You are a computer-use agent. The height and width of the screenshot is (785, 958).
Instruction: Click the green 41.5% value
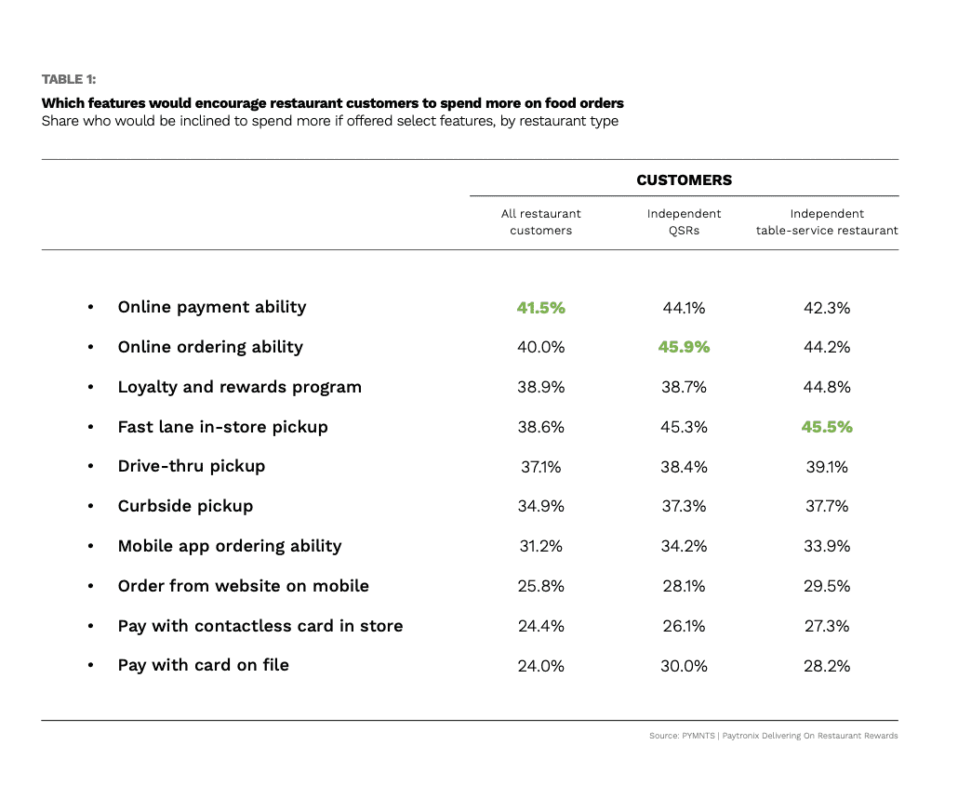(540, 308)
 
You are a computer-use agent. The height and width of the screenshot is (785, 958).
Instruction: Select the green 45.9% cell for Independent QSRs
(684, 347)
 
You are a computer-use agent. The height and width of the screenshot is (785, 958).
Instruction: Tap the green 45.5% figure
(827, 427)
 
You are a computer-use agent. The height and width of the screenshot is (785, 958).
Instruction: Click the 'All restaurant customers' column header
(540, 222)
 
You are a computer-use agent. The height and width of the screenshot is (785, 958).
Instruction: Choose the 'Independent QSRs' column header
(684, 222)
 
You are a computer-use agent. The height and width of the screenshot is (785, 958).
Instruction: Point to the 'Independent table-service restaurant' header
(827, 222)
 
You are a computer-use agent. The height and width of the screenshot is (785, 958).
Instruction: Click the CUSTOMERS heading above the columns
(684, 180)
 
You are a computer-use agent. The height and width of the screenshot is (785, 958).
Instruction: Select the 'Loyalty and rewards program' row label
(239, 387)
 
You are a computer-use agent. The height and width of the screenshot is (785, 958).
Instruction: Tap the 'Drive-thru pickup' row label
(191, 466)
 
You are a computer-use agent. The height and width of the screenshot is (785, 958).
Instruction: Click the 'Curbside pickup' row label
(185, 506)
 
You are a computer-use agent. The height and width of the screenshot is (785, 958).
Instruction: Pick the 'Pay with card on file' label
(203, 665)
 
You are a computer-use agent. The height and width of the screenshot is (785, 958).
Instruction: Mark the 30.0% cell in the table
(684, 666)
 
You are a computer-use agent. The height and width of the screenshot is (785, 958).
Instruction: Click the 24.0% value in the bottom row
(540, 666)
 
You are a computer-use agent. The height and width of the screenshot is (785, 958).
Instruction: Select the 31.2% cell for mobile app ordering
(540, 546)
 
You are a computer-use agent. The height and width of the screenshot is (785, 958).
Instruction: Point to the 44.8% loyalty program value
(827, 387)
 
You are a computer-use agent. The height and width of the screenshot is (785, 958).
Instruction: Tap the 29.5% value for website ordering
(827, 586)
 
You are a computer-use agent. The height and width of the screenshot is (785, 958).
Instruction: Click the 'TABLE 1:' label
(69, 79)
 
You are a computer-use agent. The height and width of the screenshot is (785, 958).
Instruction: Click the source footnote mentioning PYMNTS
(774, 736)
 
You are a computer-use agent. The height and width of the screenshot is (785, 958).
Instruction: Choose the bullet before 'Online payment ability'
(90, 308)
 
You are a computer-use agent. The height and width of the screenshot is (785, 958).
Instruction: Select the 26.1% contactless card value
(684, 626)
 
